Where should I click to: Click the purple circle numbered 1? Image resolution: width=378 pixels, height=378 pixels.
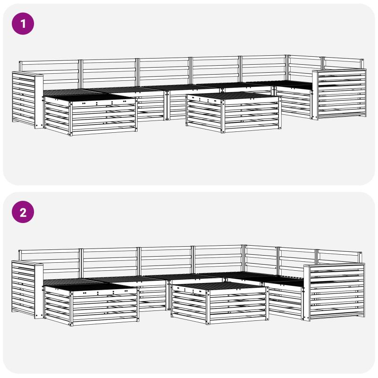click(23, 24)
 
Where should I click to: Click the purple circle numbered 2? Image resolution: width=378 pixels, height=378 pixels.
click(23, 212)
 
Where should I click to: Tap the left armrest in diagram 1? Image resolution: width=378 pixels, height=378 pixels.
click(28, 100)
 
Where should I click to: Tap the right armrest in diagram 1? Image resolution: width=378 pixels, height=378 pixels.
click(339, 94)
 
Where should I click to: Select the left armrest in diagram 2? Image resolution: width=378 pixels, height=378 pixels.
click(27, 289)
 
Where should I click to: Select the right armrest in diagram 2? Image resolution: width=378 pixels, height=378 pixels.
click(334, 292)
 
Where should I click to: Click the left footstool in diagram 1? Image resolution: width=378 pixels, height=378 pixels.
click(90, 114)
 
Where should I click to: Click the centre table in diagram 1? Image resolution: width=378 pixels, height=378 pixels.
click(233, 112)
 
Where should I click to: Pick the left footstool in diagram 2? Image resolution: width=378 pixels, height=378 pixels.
click(91, 304)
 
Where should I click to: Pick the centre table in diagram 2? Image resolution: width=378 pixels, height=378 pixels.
click(220, 303)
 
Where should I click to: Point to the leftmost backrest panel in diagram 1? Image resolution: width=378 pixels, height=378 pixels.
click(50, 74)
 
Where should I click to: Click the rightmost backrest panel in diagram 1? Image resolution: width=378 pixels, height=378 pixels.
click(344, 64)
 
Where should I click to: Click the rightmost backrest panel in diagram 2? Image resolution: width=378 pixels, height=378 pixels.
click(339, 257)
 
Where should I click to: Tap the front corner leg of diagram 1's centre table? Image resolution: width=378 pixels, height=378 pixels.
click(223, 116)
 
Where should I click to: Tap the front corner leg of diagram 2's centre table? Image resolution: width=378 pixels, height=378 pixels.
click(208, 307)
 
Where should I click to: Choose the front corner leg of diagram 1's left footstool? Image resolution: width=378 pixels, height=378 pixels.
click(70, 119)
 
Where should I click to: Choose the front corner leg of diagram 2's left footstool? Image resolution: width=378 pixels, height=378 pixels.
click(71, 309)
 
